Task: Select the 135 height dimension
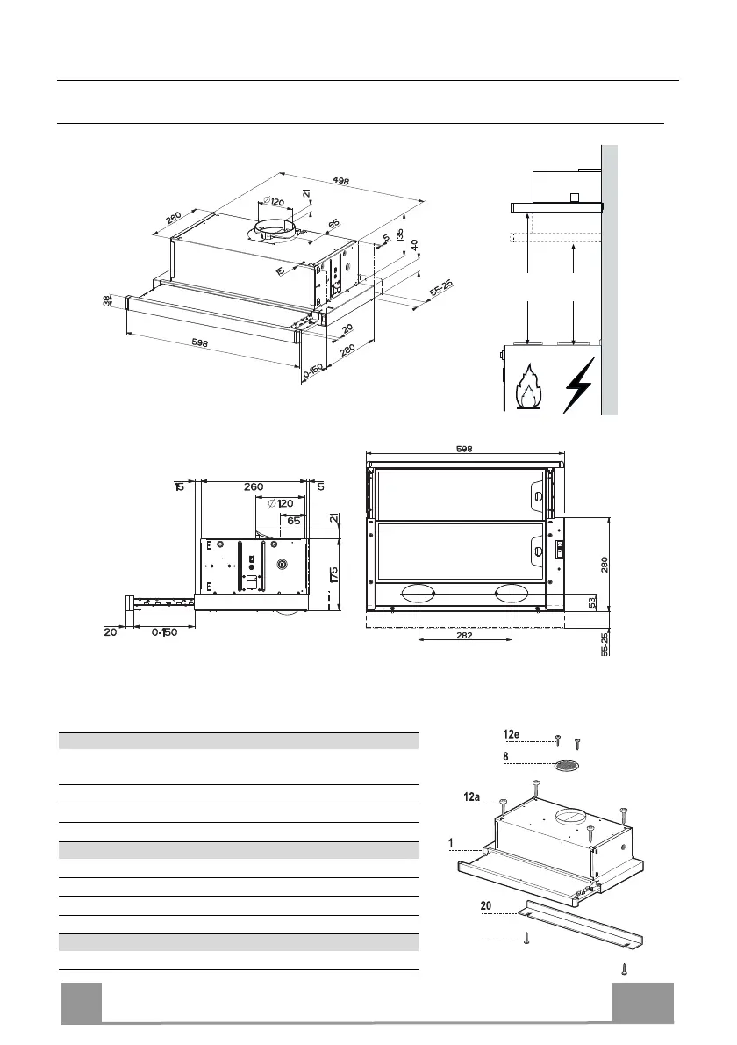pos(399,234)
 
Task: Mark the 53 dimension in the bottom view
pos(594,602)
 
